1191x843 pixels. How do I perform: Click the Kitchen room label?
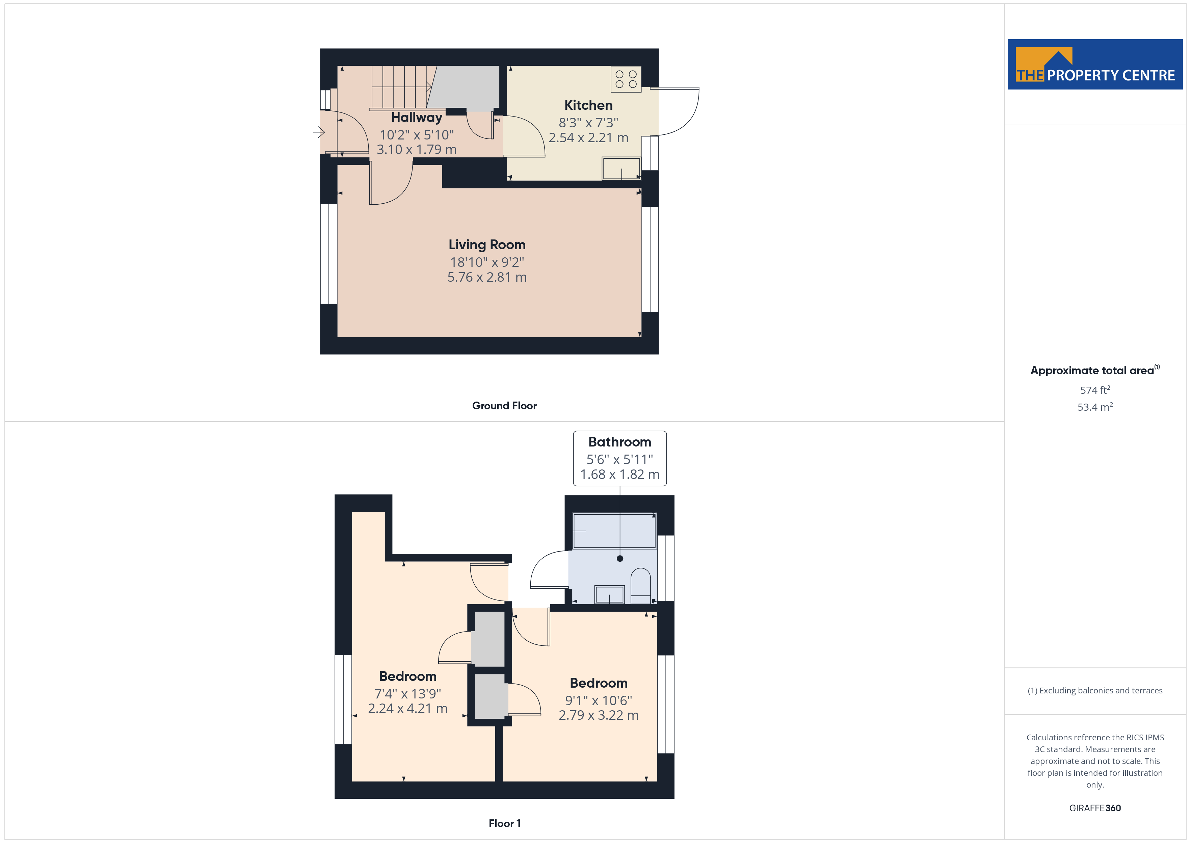click(588, 105)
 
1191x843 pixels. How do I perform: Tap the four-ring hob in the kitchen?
click(626, 79)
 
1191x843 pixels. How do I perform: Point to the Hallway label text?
click(417, 118)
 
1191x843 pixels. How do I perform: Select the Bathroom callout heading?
click(619, 442)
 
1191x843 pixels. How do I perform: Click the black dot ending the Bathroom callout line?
click(620, 559)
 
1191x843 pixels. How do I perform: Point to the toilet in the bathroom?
click(641, 586)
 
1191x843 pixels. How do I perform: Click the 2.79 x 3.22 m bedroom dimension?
click(599, 715)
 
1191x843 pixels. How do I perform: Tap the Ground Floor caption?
click(504, 406)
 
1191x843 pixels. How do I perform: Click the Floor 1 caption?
click(505, 823)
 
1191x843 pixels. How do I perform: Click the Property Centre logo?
click(1095, 65)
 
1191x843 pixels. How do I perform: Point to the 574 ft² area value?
click(1095, 390)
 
